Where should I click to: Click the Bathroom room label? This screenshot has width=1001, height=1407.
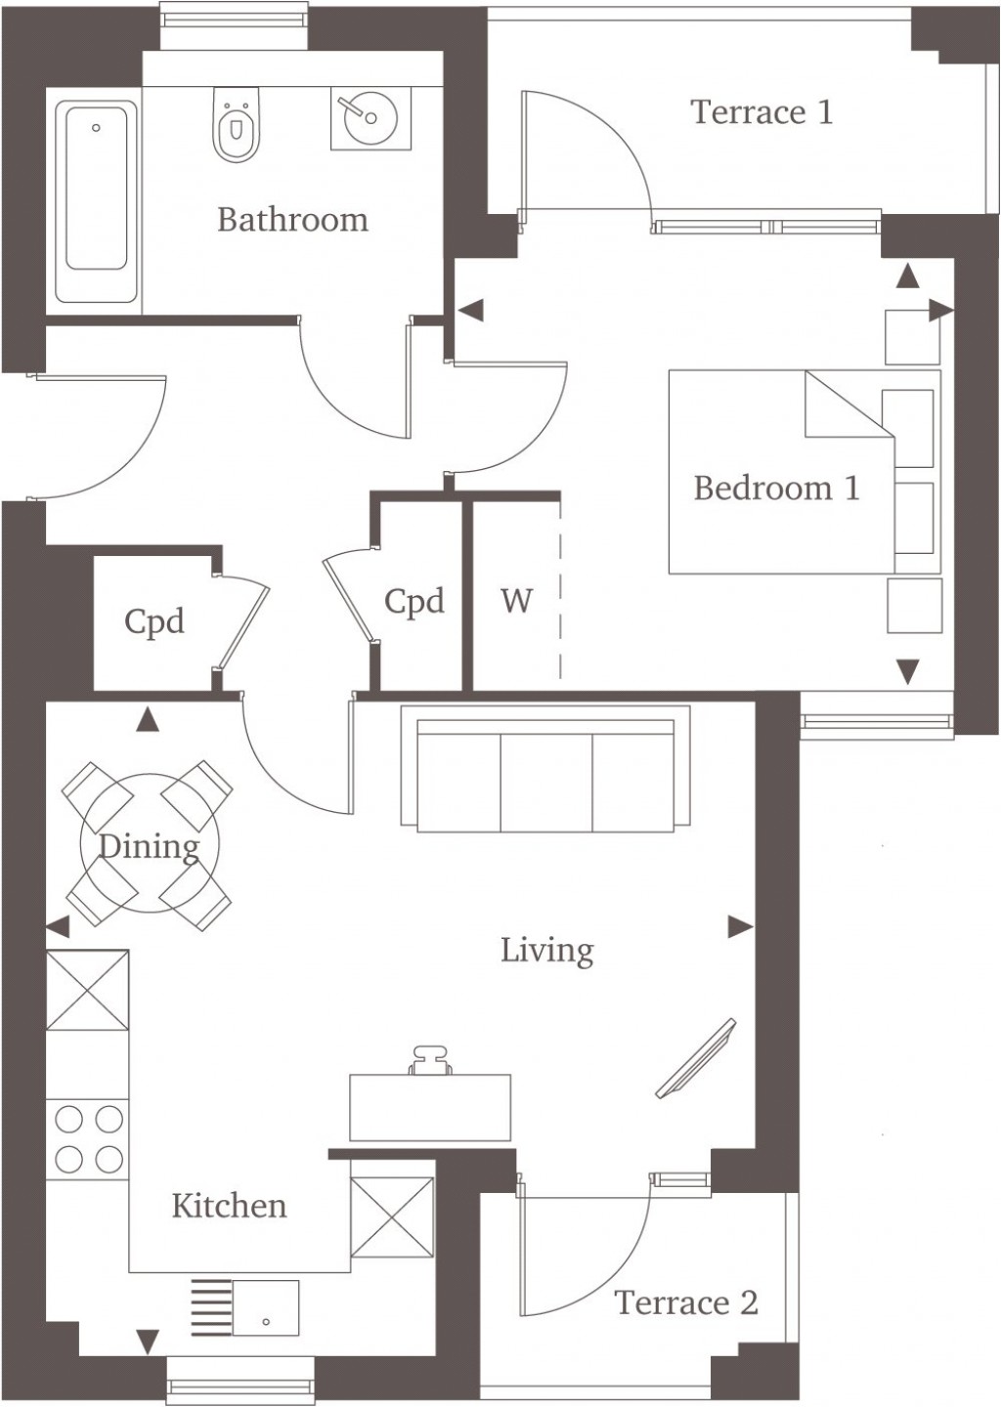click(292, 220)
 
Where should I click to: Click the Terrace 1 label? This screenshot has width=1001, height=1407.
click(762, 112)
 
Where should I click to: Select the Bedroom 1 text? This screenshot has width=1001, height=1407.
click(776, 488)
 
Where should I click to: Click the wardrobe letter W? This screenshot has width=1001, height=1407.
click(516, 600)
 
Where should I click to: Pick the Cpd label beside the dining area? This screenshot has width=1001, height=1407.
click(153, 622)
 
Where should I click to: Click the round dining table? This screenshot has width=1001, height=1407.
click(150, 844)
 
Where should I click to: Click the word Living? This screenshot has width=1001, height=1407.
click(546, 951)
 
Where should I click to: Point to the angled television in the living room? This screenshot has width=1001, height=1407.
click(695, 1056)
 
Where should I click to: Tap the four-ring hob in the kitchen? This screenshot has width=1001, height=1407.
click(89, 1138)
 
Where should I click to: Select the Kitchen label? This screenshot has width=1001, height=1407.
click(229, 1206)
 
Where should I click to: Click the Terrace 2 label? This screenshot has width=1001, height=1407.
click(685, 1302)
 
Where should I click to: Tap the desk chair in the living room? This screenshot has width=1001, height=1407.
click(430, 1061)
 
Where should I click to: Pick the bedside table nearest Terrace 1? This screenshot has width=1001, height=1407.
click(911, 338)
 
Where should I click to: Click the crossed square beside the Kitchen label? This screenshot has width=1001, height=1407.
click(391, 1216)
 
